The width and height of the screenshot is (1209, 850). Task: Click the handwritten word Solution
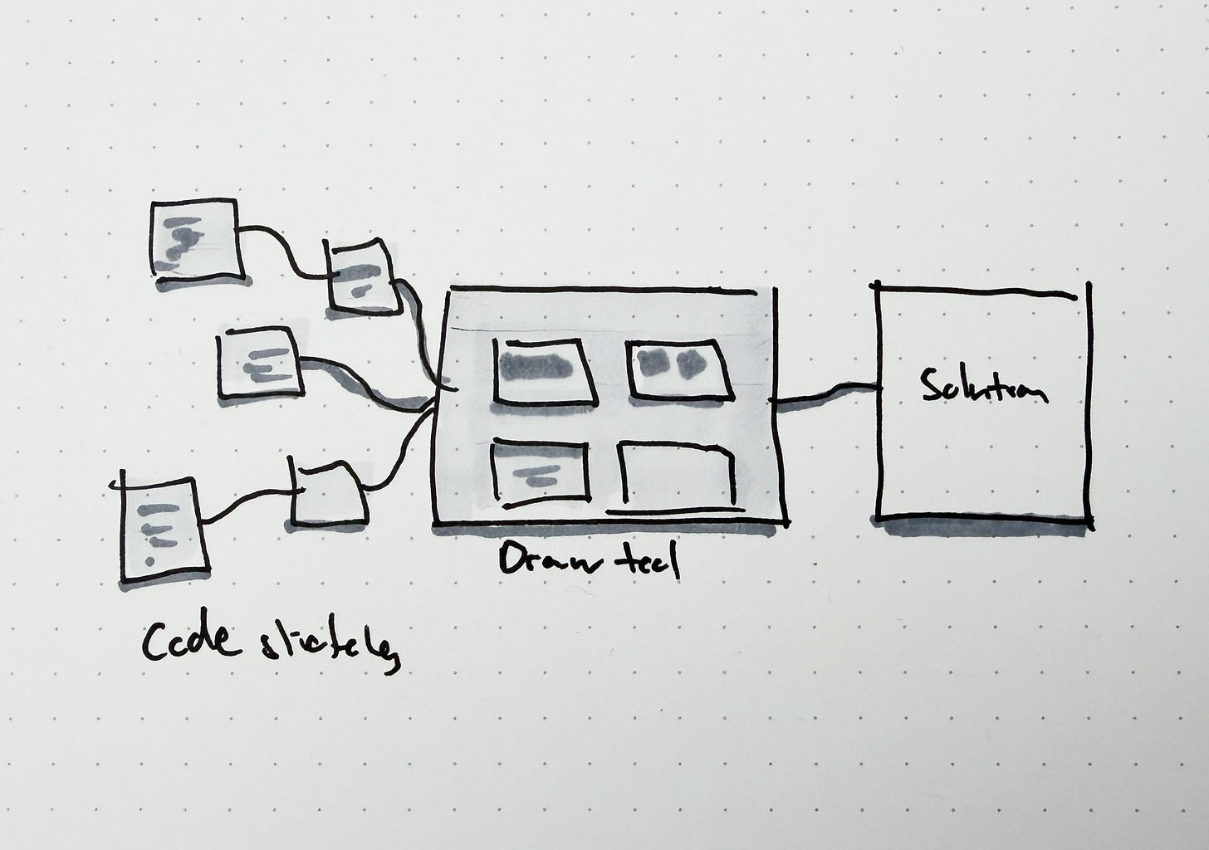pyautogui.click(x=984, y=388)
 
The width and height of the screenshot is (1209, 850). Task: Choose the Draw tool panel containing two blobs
pyautogui.click(x=678, y=367)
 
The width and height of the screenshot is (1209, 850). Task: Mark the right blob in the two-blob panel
pyautogui.click(x=689, y=363)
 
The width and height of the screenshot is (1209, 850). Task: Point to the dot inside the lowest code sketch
pyautogui.click(x=149, y=561)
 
